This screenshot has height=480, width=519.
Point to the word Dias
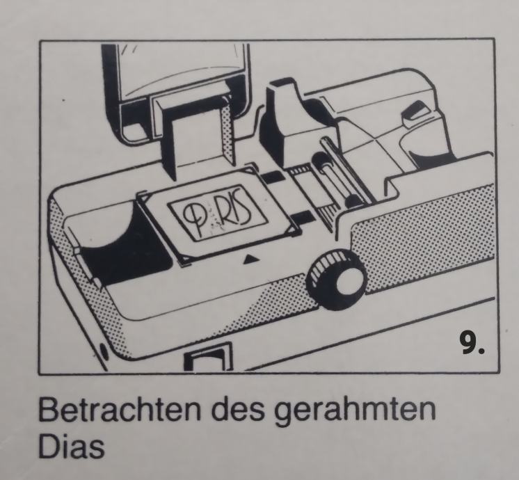click(71, 446)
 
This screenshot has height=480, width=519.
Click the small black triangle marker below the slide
click(251, 259)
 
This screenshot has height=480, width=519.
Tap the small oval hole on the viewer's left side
click(103, 353)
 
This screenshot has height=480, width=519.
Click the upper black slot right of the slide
click(274, 178)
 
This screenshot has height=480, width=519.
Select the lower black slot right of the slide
click(302, 217)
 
